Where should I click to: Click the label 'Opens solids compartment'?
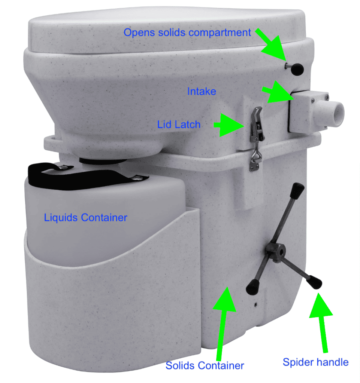click(187, 33)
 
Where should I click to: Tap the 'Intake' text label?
click(202, 91)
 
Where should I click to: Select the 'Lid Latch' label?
click(179, 124)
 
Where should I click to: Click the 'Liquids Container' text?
click(85, 217)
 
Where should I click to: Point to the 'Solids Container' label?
click(205, 365)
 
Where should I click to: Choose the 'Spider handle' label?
click(315, 362)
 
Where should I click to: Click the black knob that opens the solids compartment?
click(297, 68)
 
